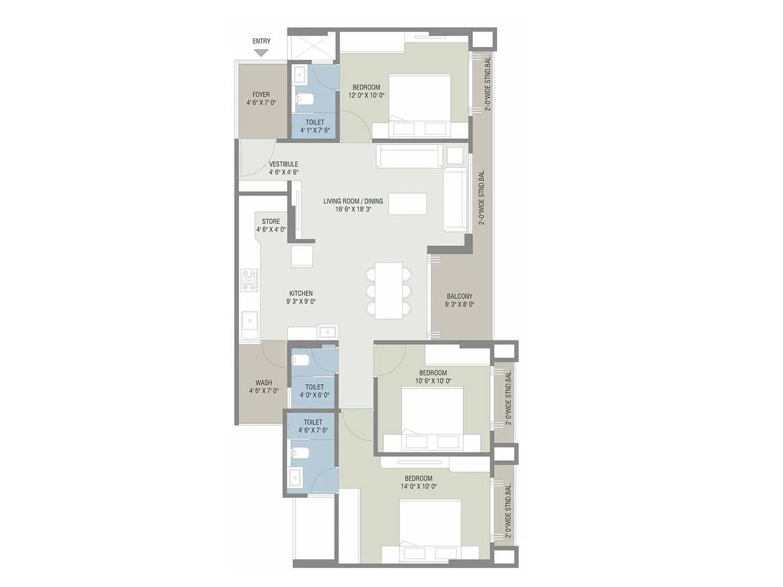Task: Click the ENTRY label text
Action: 261,41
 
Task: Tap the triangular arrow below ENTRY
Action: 261,52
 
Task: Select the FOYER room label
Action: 261,94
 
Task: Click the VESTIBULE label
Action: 283,164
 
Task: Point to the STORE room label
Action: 271,222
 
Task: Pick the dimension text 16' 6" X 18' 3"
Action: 353,209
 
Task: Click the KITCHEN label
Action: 300,293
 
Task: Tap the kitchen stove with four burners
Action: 249,280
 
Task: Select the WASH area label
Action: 263,383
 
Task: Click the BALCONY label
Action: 460,296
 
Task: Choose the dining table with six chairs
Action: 389,291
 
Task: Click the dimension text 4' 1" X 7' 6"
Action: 315,131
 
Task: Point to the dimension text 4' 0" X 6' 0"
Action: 314,395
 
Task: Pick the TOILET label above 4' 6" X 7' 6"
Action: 313,422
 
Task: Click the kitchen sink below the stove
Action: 250,321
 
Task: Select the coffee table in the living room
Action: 407,204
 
